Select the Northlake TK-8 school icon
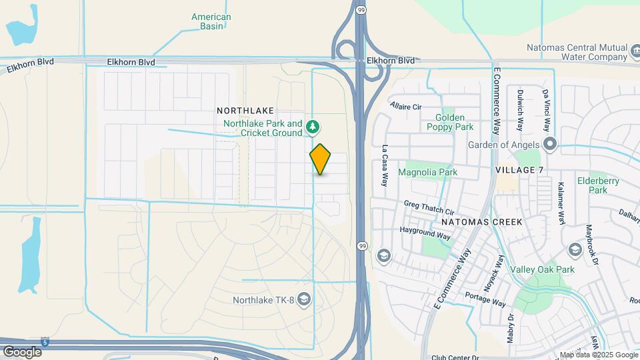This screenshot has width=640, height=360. (x=305, y=299)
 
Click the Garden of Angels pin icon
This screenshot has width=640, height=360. (x=550, y=145)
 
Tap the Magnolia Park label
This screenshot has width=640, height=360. (x=427, y=172)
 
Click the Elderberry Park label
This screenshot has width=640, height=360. (x=599, y=185)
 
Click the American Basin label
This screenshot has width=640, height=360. (x=211, y=21)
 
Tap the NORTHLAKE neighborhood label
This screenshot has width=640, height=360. (x=245, y=110)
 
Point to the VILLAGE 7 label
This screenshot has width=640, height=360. (x=520, y=170)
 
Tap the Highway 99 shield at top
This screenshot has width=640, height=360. (x=361, y=9)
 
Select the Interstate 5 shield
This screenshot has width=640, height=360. (x=45, y=341)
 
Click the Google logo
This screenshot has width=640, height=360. (x=22, y=351)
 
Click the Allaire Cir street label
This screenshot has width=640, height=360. (x=406, y=106)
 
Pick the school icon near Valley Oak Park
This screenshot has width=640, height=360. (x=575, y=250)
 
